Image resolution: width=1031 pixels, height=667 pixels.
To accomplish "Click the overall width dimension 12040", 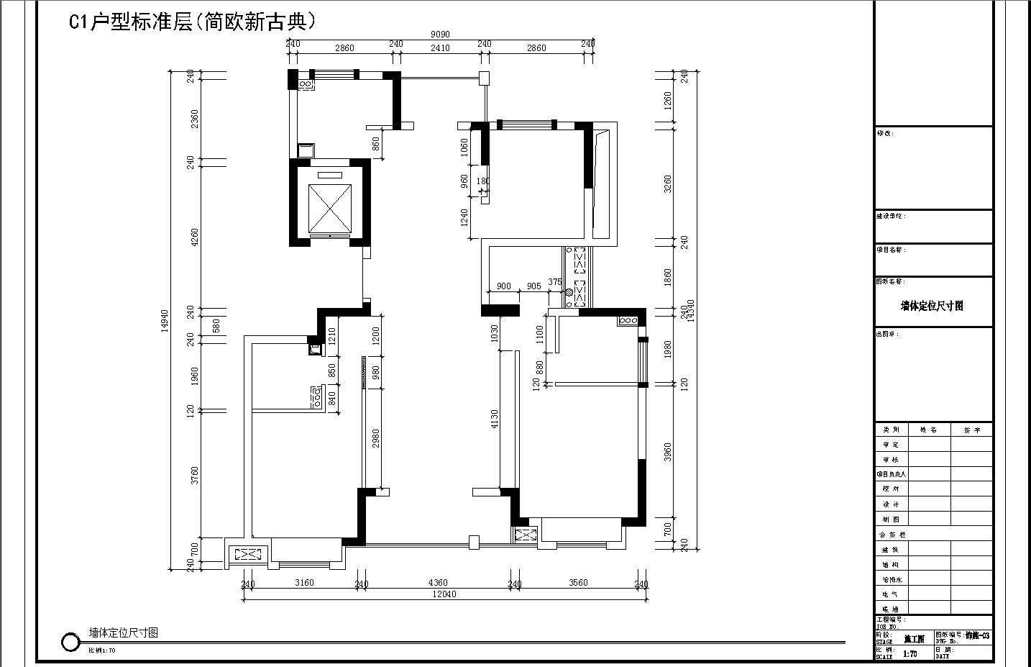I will coord(444,594).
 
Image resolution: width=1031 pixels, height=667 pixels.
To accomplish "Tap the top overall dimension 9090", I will coord(440,35).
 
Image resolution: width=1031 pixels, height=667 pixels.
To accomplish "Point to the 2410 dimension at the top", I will coord(440,48).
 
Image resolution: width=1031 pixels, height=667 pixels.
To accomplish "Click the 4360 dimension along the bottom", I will coord(437,583).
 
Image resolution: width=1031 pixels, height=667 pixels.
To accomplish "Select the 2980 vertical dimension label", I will coord(375,439).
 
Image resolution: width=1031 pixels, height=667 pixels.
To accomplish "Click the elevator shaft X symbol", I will coord(330,207).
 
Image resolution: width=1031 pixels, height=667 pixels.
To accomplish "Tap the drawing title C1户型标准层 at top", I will coord(193,22).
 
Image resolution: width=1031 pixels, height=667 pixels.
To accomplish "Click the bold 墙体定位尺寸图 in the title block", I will coord(932,306).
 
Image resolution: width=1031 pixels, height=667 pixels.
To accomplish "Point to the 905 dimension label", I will coord(533,286).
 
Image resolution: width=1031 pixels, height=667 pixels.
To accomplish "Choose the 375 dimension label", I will coord(554,282).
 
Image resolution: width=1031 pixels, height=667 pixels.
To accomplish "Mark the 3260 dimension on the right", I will coord(668,183).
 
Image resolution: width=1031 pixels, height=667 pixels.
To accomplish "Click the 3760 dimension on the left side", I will coord(194,475).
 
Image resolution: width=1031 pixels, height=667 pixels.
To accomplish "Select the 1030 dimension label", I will coord(494,333).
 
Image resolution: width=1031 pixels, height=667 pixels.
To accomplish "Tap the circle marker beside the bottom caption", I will coord(70,642).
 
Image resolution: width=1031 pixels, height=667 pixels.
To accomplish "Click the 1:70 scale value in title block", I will coord(909,654).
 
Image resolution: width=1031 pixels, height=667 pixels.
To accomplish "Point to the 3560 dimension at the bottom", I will coord(577,583).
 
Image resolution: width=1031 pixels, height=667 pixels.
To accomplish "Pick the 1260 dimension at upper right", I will coord(668,100).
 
